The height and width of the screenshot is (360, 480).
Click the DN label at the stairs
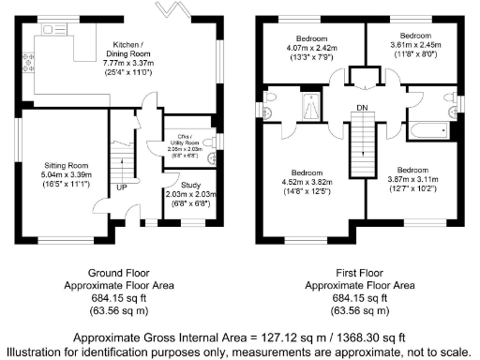(x=361, y=109)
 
